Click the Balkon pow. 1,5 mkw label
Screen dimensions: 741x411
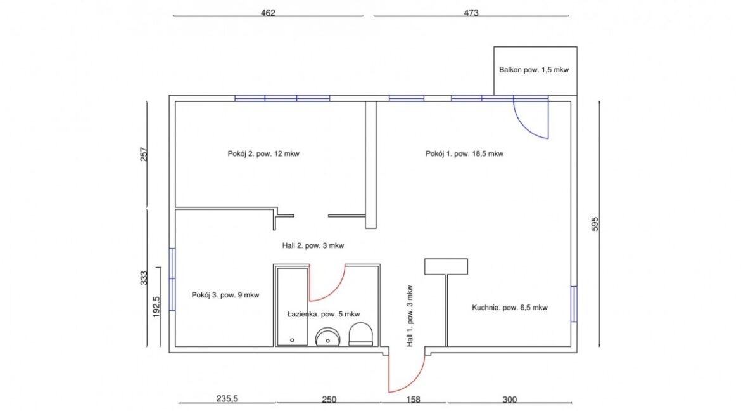click(x=533, y=70)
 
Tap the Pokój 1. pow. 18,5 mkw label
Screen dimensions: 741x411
click(x=464, y=153)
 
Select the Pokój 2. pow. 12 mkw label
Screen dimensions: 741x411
click(x=263, y=153)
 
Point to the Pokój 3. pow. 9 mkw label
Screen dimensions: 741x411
click(x=225, y=295)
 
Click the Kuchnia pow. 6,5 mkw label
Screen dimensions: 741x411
click(x=509, y=308)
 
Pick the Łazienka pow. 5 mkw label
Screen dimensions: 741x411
click(x=324, y=314)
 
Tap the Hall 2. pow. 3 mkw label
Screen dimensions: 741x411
click(x=313, y=245)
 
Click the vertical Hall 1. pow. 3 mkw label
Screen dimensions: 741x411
click(x=410, y=316)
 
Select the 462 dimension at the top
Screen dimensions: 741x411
click(x=268, y=13)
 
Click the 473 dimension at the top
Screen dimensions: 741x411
click(x=471, y=13)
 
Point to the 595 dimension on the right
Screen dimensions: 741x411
click(x=595, y=223)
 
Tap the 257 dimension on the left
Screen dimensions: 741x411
click(x=144, y=154)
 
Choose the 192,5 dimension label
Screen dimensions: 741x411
click(x=156, y=306)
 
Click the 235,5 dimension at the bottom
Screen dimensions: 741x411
click(x=227, y=399)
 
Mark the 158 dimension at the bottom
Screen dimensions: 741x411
click(x=413, y=400)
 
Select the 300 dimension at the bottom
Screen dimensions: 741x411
click(x=509, y=400)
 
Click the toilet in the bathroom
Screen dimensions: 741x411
click(x=362, y=334)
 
